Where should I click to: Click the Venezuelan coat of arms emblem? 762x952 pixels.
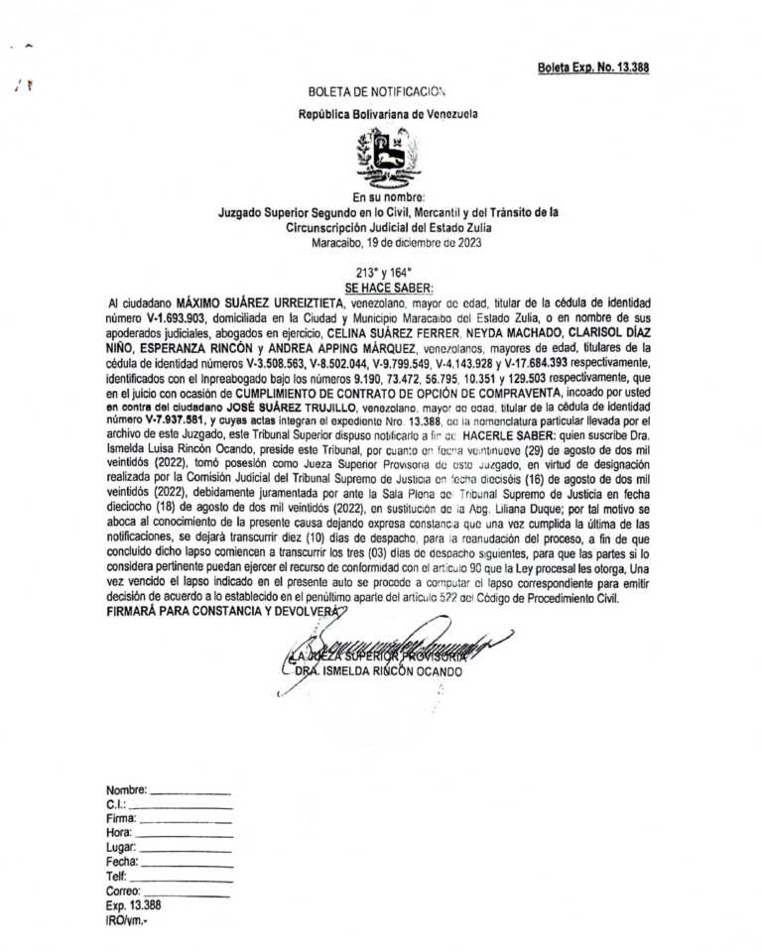[388, 155]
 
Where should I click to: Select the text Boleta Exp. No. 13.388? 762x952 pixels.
[593, 67]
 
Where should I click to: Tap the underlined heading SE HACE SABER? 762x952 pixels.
[382, 286]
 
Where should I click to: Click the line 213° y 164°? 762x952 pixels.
[383, 271]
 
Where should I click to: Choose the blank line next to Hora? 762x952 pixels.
[185, 838]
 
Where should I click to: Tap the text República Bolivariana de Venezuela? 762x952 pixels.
[388, 114]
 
